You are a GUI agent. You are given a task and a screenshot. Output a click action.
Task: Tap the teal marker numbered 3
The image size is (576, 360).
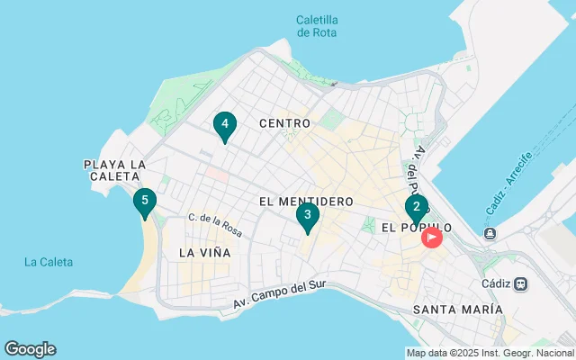point(308,216)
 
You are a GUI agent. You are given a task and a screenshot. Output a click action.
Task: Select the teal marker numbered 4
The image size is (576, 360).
point(225,125)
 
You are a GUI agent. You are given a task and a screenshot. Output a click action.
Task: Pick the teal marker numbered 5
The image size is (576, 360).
point(144,202)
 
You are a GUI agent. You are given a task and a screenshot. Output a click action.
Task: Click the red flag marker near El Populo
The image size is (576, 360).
point(432,238)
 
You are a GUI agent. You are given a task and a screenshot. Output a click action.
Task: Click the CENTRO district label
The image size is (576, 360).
point(284,122)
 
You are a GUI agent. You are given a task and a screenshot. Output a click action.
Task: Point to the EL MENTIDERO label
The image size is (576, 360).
point(305,202)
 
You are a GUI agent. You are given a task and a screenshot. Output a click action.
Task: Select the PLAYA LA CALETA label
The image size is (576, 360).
point(114,170)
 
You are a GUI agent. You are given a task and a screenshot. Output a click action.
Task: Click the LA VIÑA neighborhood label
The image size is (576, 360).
point(204,253)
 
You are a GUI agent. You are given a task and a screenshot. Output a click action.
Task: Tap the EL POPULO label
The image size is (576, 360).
point(416,229)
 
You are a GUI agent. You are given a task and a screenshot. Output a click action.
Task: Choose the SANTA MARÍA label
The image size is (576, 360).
point(457,309)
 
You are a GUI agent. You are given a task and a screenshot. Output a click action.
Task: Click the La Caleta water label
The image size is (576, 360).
point(49,262)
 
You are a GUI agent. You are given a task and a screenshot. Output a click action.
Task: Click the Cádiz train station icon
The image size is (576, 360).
point(521,283)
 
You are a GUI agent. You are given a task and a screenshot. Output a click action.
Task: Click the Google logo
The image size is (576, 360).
point(30,349)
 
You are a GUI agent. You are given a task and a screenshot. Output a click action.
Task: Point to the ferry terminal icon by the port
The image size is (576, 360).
point(490,235)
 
